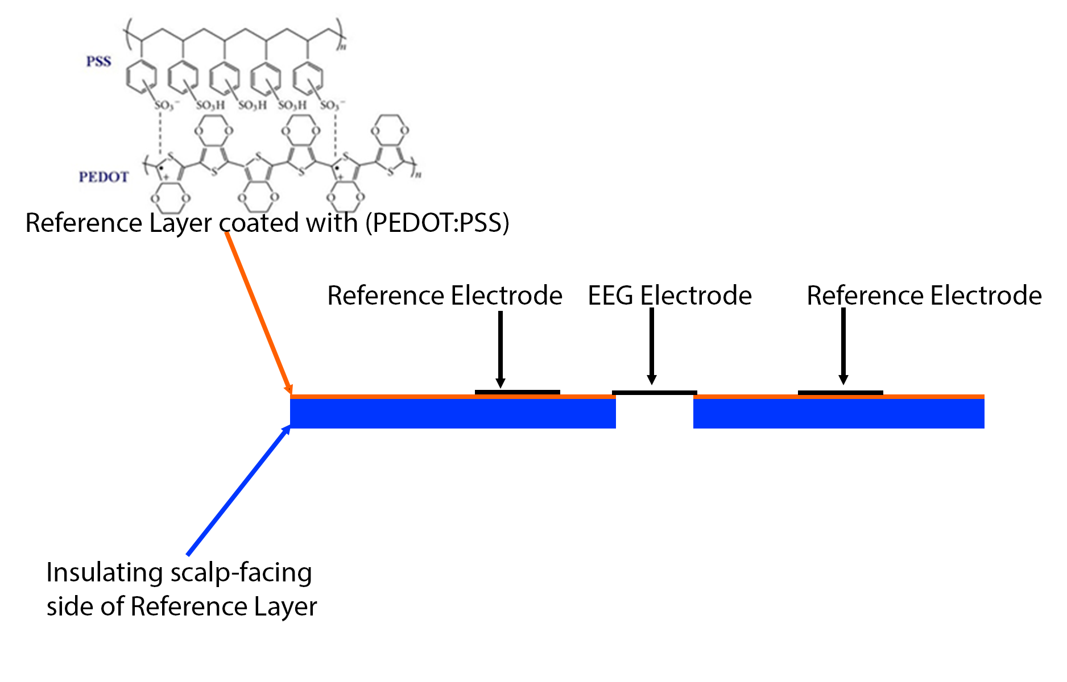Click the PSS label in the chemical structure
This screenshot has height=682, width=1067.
click(98, 61)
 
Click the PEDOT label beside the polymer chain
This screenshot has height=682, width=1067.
click(104, 177)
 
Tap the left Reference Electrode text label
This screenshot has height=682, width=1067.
click(444, 296)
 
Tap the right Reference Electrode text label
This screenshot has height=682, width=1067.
click(924, 296)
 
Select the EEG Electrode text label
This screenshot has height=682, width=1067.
click(669, 296)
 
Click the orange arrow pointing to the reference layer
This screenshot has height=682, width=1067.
click(259, 313)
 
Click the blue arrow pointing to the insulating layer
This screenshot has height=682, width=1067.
click(239, 490)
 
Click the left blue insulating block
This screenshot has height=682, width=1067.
click(453, 413)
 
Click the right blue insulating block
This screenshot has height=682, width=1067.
click(838, 413)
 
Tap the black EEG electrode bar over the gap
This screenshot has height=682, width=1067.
click(654, 392)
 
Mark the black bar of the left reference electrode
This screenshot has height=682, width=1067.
click(517, 392)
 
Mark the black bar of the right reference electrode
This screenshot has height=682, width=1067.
click(840, 392)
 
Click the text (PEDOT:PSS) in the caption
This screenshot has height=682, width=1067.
click(437, 223)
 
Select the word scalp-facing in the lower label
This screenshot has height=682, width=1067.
click(241, 573)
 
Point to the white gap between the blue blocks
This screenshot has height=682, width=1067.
click(654, 414)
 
